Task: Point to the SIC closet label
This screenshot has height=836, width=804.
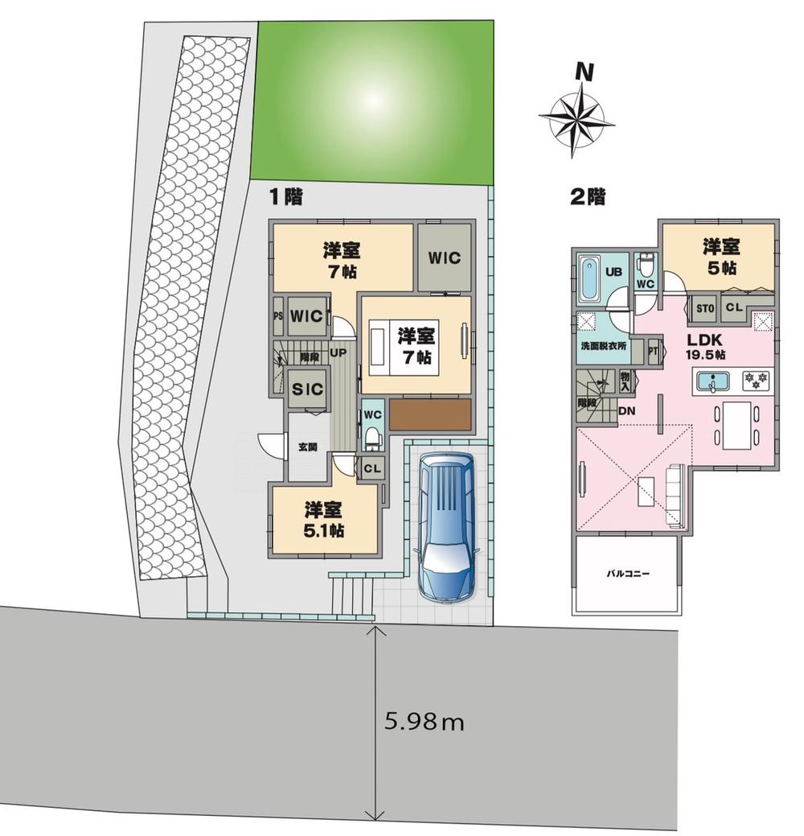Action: (307, 389)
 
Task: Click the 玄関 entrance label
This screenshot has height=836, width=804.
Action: (307, 447)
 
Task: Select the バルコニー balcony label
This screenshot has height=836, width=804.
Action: (627, 574)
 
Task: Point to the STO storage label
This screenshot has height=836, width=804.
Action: (705, 307)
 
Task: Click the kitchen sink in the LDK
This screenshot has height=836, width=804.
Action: (712, 381)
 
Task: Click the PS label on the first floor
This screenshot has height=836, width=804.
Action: (278, 316)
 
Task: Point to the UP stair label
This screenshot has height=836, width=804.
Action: (338, 352)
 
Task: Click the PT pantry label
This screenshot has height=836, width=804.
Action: (654, 350)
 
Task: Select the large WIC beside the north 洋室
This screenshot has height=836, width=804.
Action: (443, 258)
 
